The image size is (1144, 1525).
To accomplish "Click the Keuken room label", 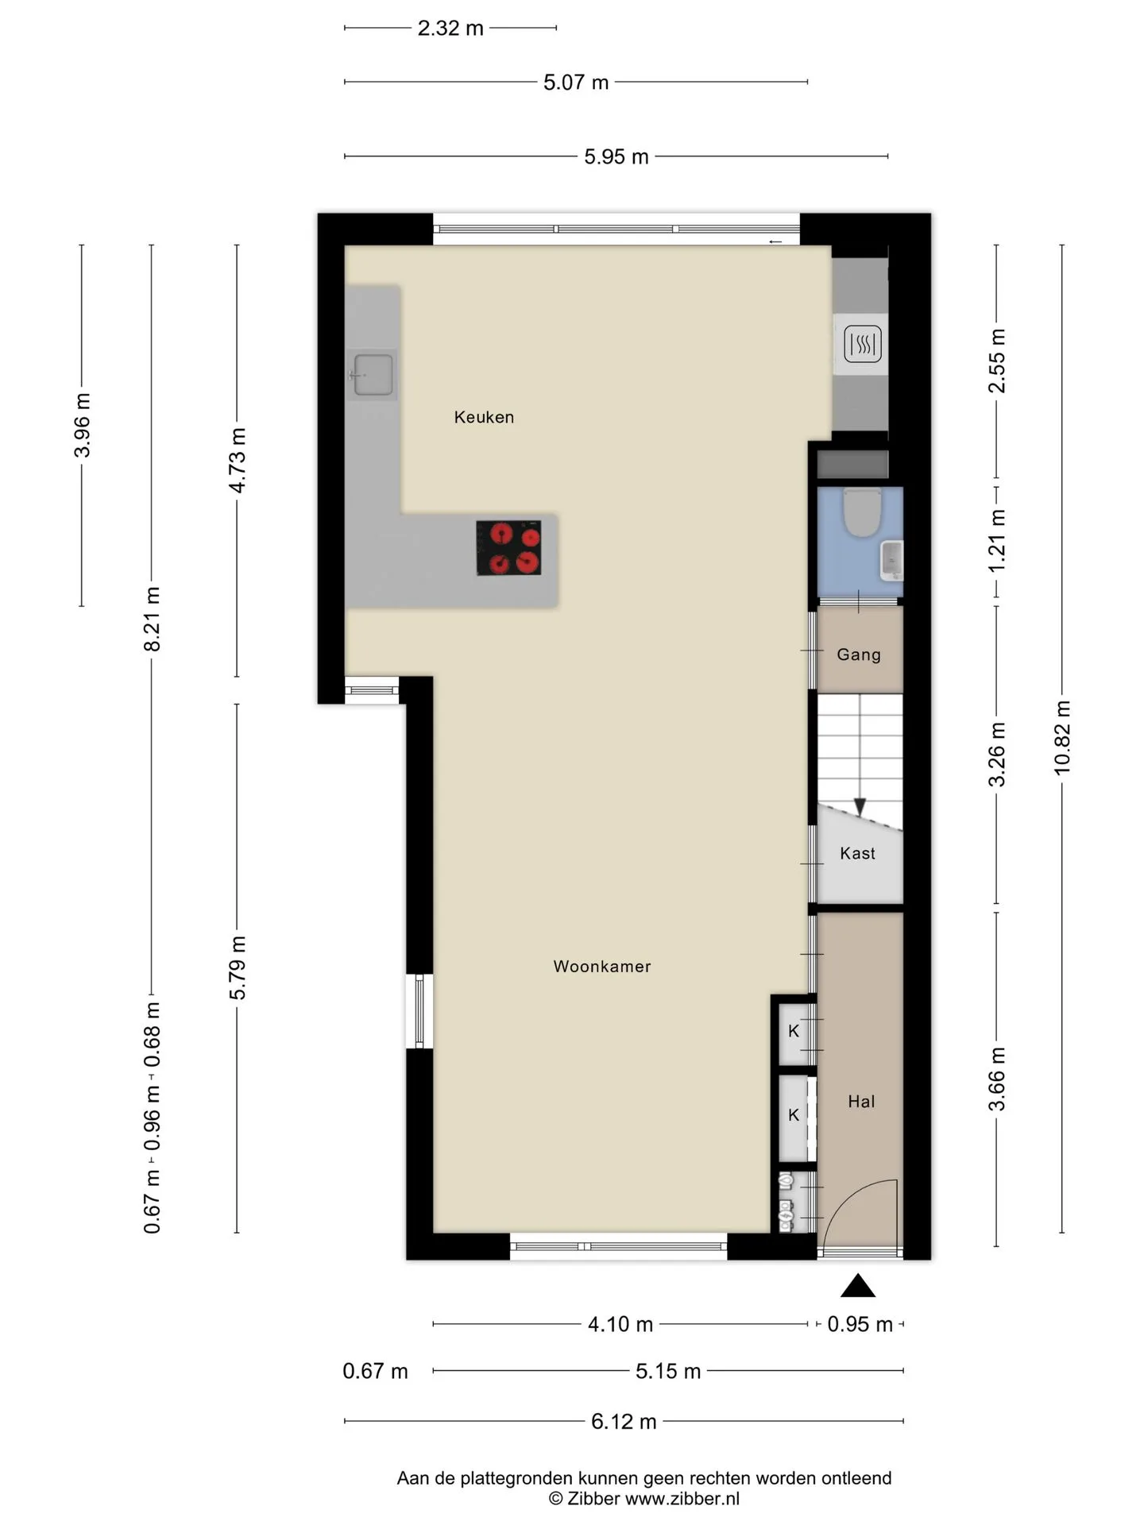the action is coord(484,417).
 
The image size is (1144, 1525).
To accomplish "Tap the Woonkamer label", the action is coord(602,967).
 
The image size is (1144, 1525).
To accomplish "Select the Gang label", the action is coord(859,655).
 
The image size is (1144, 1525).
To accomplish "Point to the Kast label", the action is coord(857,853).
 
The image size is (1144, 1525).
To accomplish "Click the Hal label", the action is coord(861,1102).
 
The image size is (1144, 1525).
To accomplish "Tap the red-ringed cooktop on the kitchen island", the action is coord(508,548).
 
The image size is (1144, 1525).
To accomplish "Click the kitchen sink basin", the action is coord(373,374).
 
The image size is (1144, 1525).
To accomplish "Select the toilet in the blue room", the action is coord(862,513).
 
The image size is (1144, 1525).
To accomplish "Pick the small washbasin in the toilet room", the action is coord(891,559).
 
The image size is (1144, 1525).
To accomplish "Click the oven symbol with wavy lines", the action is coord(862,345).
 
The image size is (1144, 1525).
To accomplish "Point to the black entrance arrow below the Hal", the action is coord(858,1285).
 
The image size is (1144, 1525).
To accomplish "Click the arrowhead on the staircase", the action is coord(860,807).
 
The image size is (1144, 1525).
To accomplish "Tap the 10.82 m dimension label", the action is coord(1062,738).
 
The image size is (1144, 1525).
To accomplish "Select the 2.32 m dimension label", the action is coord(450,29).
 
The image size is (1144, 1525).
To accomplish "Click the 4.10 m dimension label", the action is coord(620,1325).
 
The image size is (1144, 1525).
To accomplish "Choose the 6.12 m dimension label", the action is coord(624,1422).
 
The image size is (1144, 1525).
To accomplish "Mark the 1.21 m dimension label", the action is coord(997,540).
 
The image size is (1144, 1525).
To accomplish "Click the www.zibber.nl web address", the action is coord(682,1499).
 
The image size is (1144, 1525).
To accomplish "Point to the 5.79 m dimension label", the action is coord(238,968).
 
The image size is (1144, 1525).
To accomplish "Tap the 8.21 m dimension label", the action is coord(152,620).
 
